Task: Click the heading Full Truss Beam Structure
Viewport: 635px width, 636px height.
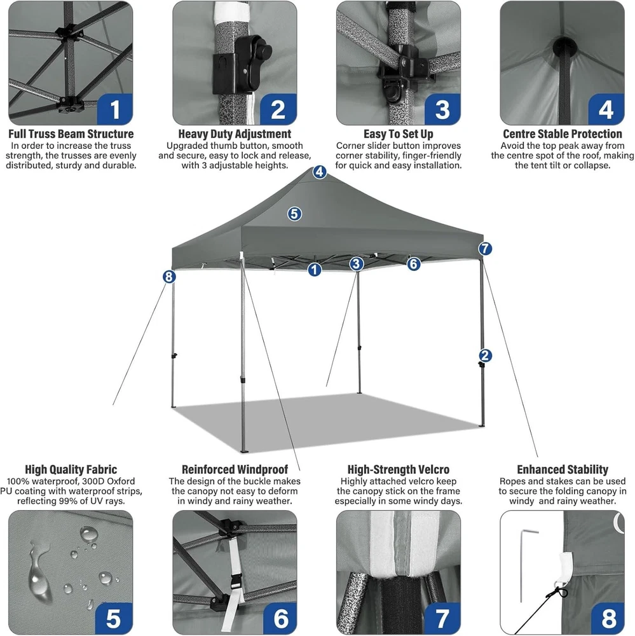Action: coord(71,134)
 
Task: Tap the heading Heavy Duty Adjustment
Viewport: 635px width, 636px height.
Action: coord(235,134)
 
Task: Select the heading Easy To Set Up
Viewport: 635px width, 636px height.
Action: coord(398,134)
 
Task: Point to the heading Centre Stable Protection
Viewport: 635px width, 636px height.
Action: coord(563,134)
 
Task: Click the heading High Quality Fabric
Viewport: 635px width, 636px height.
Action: coord(71,469)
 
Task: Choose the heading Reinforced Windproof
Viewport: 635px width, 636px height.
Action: coord(235,469)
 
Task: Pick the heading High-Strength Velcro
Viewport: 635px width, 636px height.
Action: coord(398,469)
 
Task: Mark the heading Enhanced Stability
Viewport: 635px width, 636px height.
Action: coord(563,469)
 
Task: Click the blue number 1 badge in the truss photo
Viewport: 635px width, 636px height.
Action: coord(115,109)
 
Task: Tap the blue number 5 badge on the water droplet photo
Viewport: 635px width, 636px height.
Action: coord(114,618)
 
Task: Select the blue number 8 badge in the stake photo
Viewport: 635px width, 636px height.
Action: coord(608,618)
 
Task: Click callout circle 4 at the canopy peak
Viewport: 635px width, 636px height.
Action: coord(320,172)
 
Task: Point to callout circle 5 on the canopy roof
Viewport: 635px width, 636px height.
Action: coord(294,214)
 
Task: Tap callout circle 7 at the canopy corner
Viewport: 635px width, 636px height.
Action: coord(485,249)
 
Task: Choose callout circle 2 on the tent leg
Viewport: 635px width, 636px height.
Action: coord(485,356)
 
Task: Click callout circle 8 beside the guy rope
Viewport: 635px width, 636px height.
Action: coord(169,277)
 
